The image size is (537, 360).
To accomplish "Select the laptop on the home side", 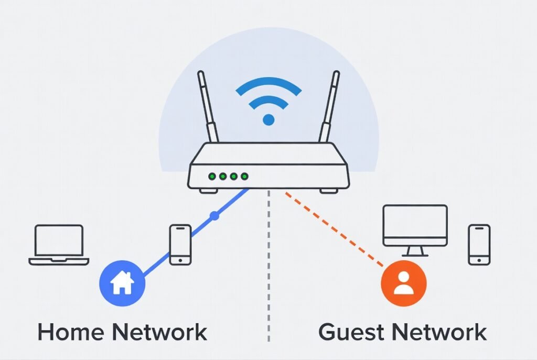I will click(x=59, y=244).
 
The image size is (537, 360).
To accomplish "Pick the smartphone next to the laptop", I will click(x=180, y=244).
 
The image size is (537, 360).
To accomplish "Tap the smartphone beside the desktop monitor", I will click(x=479, y=244).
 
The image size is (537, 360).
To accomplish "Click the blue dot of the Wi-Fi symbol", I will click(x=268, y=119).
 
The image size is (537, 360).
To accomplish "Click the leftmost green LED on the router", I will click(x=212, y=177).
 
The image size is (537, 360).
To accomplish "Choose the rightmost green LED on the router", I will click(x=245, y=177).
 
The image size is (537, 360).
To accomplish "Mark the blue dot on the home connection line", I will click(x=213, y=215).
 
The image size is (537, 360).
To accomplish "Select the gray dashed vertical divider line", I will click(x=268, y=262).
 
